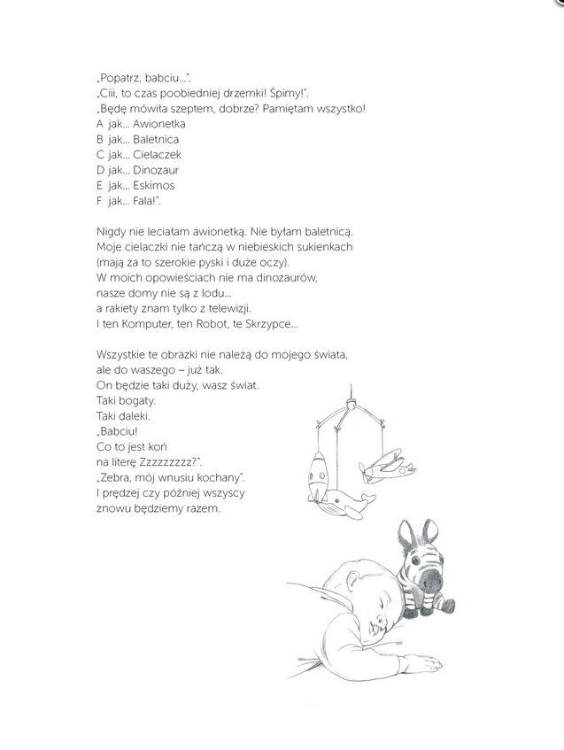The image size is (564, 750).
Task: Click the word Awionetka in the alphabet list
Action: pos(158,124)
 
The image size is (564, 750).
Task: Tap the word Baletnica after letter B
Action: pos(156,139)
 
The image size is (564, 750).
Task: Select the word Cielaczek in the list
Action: pos(157,154)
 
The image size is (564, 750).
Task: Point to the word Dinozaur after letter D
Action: pos(156,170)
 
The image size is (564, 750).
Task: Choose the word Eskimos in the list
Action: pos(153,185)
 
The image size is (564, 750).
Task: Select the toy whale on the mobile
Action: pos(348,505)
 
